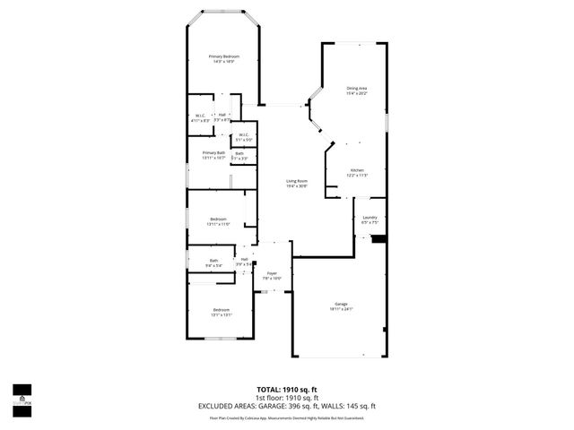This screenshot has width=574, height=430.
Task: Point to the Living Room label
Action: click(297, 184)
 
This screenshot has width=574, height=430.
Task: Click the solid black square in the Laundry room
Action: click(378, 238)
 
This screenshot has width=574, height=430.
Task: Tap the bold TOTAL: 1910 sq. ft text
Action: click(286, 390)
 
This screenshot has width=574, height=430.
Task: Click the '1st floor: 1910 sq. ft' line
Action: click(286, 398)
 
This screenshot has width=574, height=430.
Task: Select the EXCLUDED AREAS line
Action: click(286, 406)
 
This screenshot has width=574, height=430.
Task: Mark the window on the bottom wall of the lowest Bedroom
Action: click(217, 338)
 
